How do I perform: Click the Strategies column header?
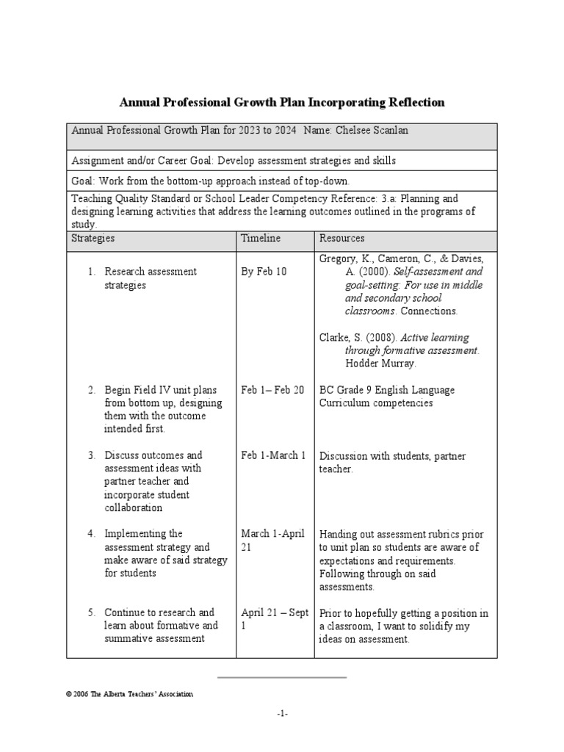93,239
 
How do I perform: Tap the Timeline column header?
261,239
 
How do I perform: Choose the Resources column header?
341,239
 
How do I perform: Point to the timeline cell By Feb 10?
264,272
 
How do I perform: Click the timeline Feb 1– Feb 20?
272,390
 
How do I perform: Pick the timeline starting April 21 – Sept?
273,612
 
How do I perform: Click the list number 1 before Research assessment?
92,272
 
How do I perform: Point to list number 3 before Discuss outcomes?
92,455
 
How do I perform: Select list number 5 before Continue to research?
92,612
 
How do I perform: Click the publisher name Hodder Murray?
380,364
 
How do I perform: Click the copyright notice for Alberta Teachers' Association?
129,694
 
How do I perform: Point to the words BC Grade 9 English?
358,390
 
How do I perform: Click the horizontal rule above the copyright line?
282,676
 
